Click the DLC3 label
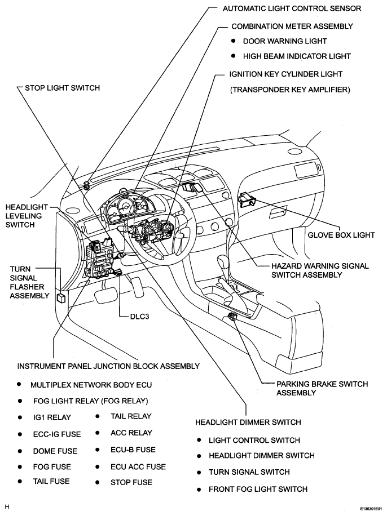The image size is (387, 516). pyautogui.click(x=139, y=317)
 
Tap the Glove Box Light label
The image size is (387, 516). pyautogui.click(x=341, y=235)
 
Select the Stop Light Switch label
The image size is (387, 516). pyautogui.click(x=62, y=88)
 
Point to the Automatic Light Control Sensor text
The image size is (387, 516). pyautogui.click(x=292, y=8)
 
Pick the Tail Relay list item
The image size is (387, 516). pyautogui.click(x=131, y=416)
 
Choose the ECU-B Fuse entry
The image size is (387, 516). pyautogui.click(x=133, y=450)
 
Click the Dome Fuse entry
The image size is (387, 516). pyautogui.click(x=55, y=451)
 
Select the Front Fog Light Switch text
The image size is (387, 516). pyautogui.click(x=258, y=490)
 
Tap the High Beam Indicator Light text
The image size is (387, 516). pyautogui.click(x=297, y=56)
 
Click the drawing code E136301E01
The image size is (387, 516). pyautogui.click(x=371, y=509)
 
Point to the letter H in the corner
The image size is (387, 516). pyautogui.click(x=7, y=507)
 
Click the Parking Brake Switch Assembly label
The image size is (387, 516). pyautogui.click(x=322, y=388)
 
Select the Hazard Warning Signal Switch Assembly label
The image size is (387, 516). pyautogui.click(x=320, y=270)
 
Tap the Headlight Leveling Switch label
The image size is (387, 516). pyautogui.click(x=27, y=216)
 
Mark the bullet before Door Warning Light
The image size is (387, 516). pyautogui.click(x=234, y=41)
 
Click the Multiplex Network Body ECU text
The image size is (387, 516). pyautogui.click(x=91, y=385)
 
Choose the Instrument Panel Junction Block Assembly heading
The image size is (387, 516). pyautogui.click(x=108, y=366)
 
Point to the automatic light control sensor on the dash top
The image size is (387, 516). pyautogui.click(x=87, y=185)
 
